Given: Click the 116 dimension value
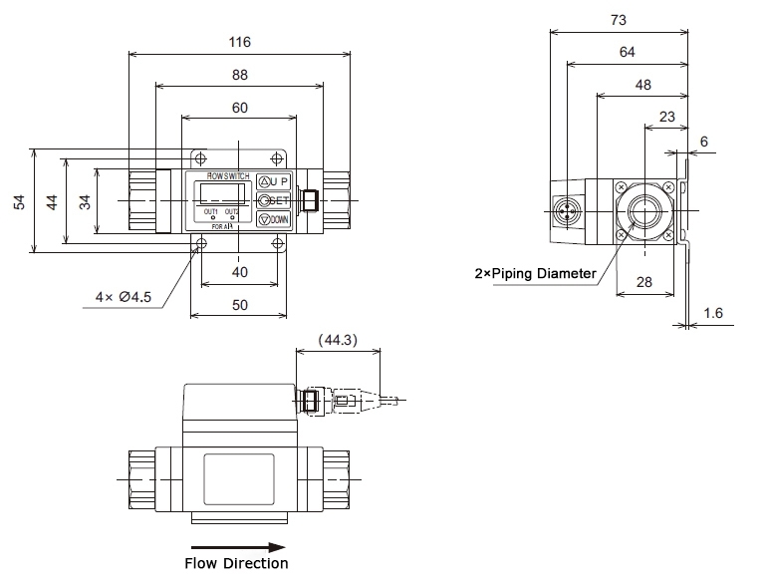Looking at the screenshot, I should point(239,42).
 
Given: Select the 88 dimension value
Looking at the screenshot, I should point(239,75).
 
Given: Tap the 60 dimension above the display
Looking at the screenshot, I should point(239,108).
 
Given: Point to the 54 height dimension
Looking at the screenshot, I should point(19,201).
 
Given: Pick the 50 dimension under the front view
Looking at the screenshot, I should point(239,306).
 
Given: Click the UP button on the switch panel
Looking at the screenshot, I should point(274,181).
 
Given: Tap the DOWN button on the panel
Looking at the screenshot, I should point(274,219).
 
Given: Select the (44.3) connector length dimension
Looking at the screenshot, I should point(339,340).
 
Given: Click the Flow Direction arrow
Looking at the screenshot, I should point(239,546).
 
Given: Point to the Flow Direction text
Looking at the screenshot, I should point(239,564).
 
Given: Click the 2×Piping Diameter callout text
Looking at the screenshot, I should point(535,273).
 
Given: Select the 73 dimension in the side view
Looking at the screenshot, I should point(619,19).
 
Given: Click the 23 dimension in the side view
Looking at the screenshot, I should point(667,116).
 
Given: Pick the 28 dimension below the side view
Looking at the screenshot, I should point(644,283).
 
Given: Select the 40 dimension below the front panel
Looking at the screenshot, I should point(239,272).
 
